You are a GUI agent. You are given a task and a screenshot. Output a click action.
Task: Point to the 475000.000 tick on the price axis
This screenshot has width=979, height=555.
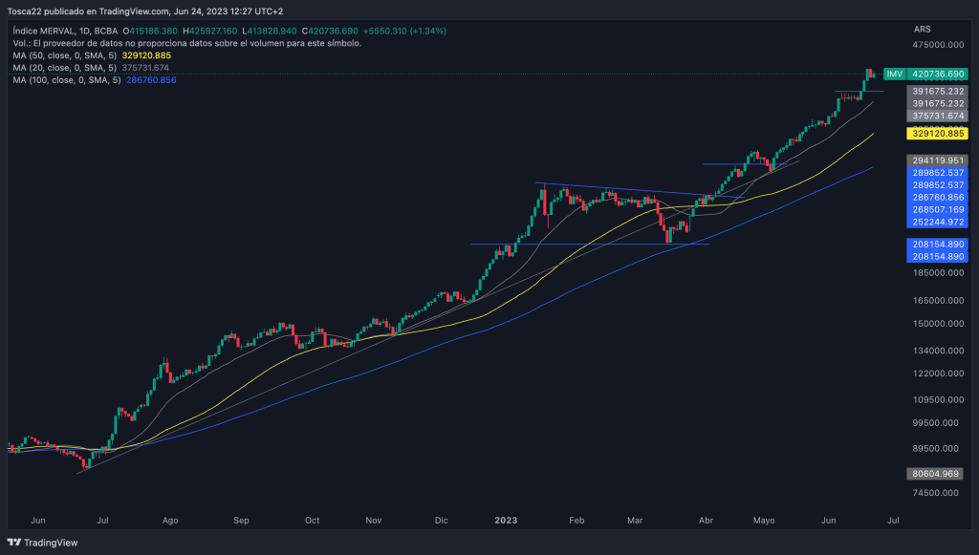click(937, 45)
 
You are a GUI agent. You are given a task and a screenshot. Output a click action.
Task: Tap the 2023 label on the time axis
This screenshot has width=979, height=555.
click(506, 521)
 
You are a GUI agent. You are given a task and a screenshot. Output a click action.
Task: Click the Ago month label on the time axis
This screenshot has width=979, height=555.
click(171, 521)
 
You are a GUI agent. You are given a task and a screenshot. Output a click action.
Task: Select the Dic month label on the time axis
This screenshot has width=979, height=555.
click(441, 521)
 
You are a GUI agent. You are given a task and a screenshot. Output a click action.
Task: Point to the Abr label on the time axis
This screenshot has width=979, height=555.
click(707, 521)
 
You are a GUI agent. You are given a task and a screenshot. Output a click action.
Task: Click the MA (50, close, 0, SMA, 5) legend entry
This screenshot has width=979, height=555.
click(65, 55)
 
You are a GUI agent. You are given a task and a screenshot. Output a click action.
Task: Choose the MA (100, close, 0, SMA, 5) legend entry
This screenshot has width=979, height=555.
click(67, 80)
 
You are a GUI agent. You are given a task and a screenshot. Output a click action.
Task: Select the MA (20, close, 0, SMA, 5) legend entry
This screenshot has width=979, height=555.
click(65, 68)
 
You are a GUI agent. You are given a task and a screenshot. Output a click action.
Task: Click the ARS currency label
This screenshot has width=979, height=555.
click(923, 30)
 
